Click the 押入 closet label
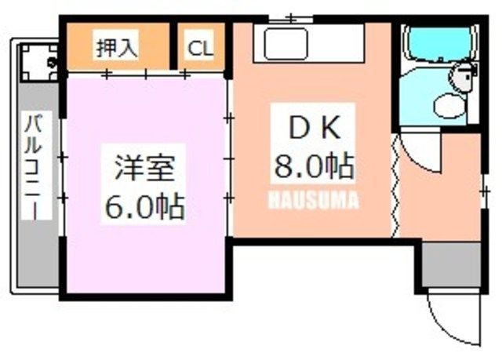click(117, 49)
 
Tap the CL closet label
click(200, 49)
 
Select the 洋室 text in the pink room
click(144, 168)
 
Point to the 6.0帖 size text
click(144, 205)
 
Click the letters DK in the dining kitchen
click(314, 128)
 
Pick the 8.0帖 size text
click(314, 165)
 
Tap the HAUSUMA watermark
click(313, 200)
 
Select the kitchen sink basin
click(286, 44)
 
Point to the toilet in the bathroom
click(449, 105)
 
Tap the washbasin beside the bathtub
click(463, 78)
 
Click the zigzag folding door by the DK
click(395, 186)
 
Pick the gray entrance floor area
click(452, 264)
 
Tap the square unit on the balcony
click(39, 63)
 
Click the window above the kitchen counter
click(291, 19)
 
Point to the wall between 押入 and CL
click(173, 45)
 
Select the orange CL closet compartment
click(201, 46)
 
